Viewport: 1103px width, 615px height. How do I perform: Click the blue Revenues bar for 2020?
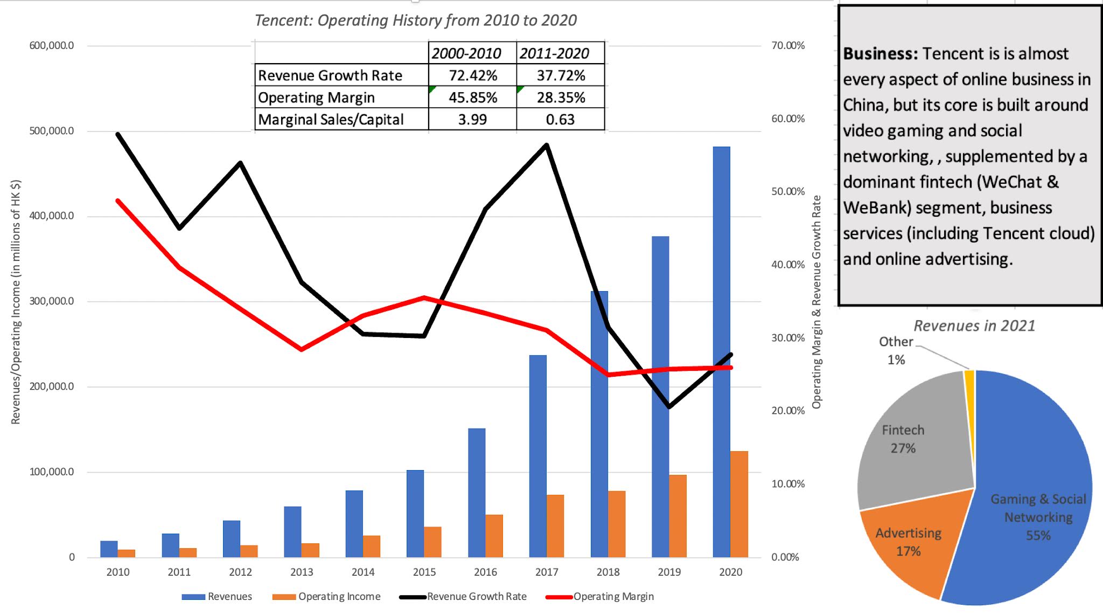pos(721,350)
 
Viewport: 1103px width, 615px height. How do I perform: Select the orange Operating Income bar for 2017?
pos(555,526)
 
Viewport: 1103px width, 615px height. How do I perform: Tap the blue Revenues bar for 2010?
pos(109,549)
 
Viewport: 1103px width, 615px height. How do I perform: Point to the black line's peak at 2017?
pos(547,145)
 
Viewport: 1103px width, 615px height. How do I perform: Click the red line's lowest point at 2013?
pos(302,349)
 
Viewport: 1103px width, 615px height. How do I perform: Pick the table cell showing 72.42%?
pos(472,75)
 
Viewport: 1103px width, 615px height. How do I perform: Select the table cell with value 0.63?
pos(560,119)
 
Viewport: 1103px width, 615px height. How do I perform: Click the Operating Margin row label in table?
pos(316,98)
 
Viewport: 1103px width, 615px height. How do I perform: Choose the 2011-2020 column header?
pos(554,53)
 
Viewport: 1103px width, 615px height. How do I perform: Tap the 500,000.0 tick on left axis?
pos(52,131)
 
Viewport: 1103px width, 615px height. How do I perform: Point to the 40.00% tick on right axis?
pos(788,265)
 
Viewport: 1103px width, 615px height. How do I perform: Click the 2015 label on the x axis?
pos(424,572)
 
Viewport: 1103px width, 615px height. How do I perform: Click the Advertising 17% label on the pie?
pos(908,542)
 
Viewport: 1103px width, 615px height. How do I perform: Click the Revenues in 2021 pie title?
pos(974,326)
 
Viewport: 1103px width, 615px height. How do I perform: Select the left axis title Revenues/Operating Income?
pos(16,302)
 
